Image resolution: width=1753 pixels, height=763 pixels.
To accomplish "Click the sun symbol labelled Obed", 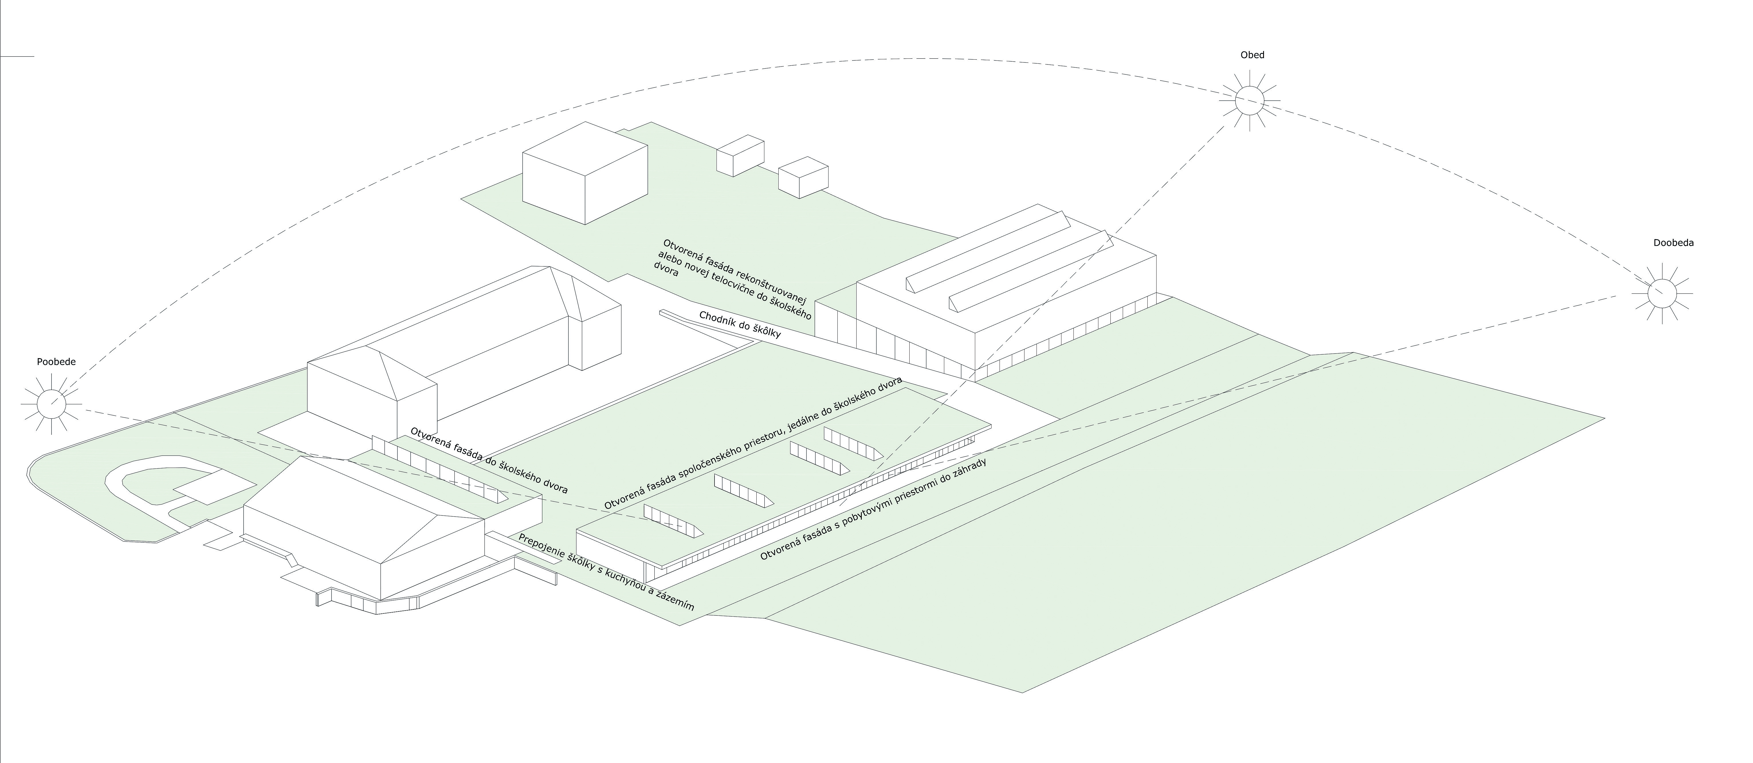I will point(1249,101).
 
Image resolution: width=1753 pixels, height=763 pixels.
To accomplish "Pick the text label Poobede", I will point(56,362).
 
